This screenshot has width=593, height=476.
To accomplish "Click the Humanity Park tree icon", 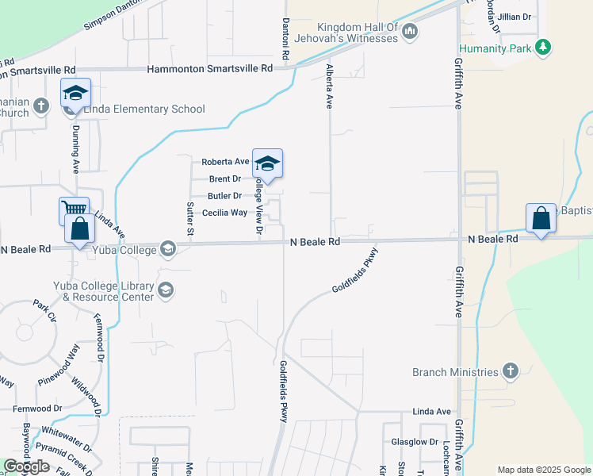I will pos(542,48).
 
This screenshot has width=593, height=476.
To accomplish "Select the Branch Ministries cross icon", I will pos(511,371).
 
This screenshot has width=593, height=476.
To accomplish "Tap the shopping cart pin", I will pos(73,211).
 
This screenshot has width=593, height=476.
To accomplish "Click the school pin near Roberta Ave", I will pos(267,163).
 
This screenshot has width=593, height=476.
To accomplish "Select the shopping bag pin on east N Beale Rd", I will pos(540,219).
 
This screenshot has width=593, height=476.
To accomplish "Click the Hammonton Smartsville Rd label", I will pos(210,69).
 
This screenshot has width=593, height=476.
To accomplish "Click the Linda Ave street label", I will pos(430,412).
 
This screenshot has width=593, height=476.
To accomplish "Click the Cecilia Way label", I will pos(224,213).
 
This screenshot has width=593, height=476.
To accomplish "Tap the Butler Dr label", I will pos(225,196).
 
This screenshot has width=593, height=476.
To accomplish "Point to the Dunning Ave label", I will pos(77,148).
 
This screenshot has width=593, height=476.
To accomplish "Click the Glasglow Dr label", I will pos(415,442).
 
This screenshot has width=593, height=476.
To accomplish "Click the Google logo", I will pos(26,466).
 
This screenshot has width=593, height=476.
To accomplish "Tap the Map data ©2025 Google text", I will pos(544,470).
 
